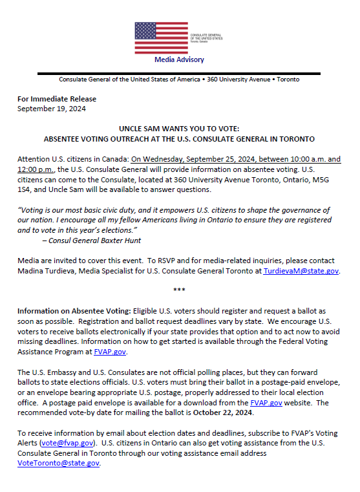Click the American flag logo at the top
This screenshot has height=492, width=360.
pyautogui.click(x=158, y=37)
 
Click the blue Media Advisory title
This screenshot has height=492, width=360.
pyautogui.click(x=179, y=59)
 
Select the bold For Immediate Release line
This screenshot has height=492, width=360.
pyautogui.click(x=57, y=99)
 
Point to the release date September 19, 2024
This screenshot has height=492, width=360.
pyautogui.click(x=52, y=109)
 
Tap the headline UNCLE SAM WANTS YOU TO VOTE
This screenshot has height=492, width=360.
pyautogui.click(x=179, y=129)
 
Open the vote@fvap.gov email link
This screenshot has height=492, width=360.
pyautogui.click(x=68, y=444)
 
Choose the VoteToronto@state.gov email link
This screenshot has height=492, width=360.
pyautogui.click(x=58, y=462)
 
